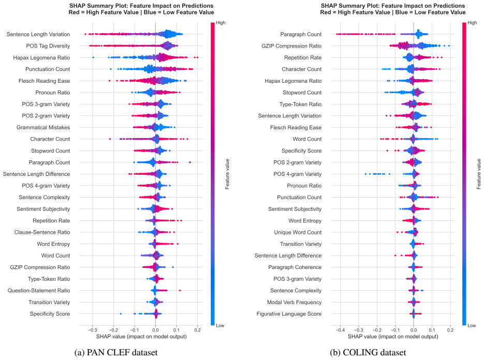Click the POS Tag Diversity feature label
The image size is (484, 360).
click(48, 46)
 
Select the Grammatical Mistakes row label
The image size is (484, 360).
click(43, 127)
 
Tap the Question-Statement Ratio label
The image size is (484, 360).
click(39, 291)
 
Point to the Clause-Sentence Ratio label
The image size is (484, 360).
click(42, 232)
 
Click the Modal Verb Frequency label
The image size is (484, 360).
click(294, 302)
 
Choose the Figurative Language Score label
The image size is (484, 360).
click(289, 314)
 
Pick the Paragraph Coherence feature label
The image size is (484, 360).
click(295, 267)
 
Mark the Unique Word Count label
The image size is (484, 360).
click(298, 232)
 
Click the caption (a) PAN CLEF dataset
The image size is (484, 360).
click(116, 352)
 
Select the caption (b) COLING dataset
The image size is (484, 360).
click(368, 352)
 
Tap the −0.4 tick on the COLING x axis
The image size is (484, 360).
click(340, 330)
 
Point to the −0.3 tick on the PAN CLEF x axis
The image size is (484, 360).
click(92, 330)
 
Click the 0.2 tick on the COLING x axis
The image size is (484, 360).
click(450, 330)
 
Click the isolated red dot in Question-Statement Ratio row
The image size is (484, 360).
click(180, 290)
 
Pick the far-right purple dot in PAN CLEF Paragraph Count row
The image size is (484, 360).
click(190, 162)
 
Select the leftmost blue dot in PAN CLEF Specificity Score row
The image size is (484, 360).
click(121, 314)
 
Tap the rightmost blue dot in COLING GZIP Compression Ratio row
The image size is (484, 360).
click(449, 46)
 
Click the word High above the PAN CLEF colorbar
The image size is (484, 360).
click(221, 23)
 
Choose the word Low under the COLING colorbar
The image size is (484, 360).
click(472, 325)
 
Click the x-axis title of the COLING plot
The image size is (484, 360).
click(393, 336)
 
